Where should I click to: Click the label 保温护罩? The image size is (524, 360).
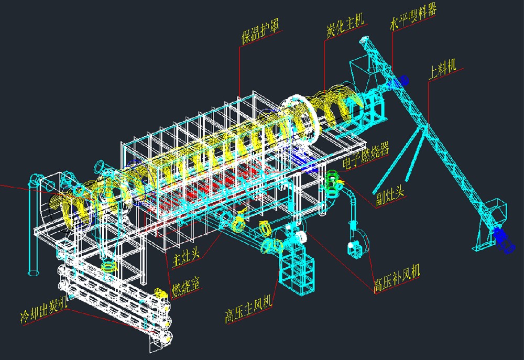pyautogui.click(x=260, y=32)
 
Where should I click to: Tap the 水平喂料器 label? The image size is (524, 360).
pyautogui.click(x=413, y=17)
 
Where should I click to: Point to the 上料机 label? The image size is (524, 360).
pyautogui.click(x=443, y=70)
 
